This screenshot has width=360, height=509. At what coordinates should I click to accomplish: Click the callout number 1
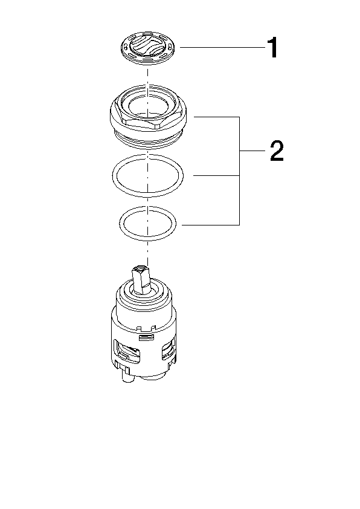pyautogui.click(x=273, y=47)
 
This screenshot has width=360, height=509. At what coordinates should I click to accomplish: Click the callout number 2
pyautogui.click(x=277, y=151)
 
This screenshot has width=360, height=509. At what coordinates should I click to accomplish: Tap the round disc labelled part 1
pyautogui.click(x=147, y=48)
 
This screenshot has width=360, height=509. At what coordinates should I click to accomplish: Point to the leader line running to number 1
pyautogui.click(x=223, y=47)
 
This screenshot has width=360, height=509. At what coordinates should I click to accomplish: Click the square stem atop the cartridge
pyautogui.click(x=142, y=280)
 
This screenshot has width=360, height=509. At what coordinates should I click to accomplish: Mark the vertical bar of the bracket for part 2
pyautogui.click(x=239, y=170)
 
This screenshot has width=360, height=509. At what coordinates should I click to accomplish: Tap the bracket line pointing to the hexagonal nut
pyautogui.click(x=216, y=117)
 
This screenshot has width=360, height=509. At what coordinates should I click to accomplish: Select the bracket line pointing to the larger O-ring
pyautogui.click(x=216, y=176)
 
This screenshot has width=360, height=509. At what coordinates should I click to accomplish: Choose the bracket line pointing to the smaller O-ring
pyautogui.click(x=211, y=225)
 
